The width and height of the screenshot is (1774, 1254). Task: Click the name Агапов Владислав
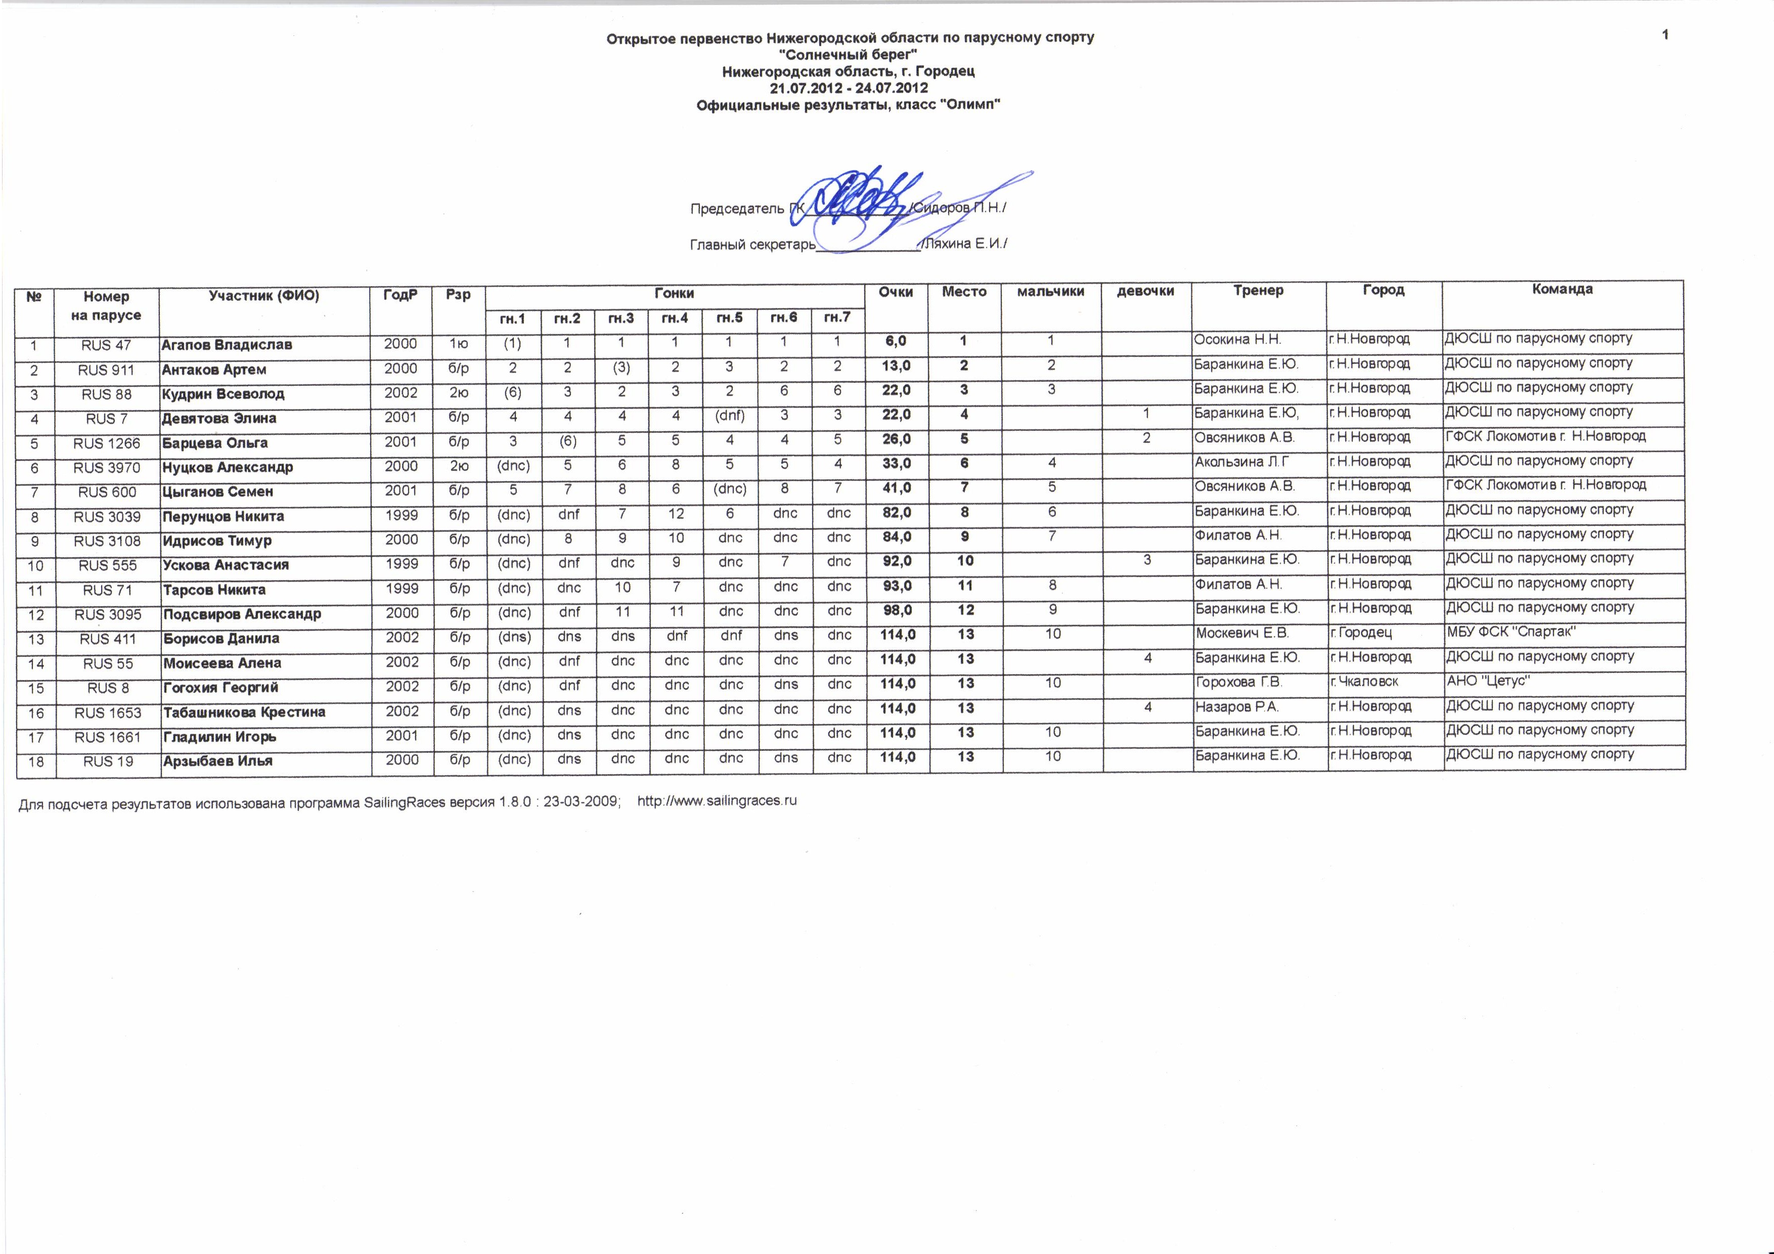pos(227,345)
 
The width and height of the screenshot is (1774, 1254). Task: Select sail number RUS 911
pos(107,370)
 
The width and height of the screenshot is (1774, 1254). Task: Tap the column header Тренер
pos(1258,291)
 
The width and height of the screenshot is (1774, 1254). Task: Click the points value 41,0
pos(896,488)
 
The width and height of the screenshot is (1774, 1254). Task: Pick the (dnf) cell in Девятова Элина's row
pos(729,415)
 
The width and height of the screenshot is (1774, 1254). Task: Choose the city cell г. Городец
pos(1361,633)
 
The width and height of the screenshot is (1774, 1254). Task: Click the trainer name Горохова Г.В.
pos(1238,682)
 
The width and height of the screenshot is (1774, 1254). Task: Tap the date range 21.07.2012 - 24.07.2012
pos(849,88)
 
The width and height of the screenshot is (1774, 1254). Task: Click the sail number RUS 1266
pos(107,443)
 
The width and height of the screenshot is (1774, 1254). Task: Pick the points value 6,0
pos(896,341)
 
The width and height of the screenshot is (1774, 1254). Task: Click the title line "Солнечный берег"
pos(849,54)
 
